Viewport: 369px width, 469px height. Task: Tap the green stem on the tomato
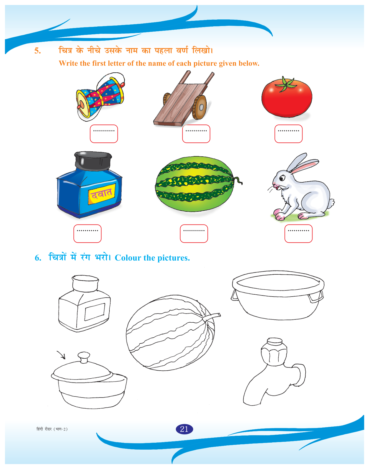coord(287,84)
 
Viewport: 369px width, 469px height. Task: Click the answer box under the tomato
coord(288,134)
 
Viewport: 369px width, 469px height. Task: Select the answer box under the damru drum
coord(104,134)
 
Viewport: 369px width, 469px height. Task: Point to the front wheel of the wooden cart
coord(200,107)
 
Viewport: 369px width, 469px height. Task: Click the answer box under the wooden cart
coord(196,134)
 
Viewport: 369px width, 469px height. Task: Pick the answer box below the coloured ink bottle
coord(88,233)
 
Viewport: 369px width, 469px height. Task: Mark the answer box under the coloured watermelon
coord(194,233)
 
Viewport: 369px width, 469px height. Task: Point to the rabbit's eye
coord(282,178)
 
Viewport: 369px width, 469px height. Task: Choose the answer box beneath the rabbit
coord(299,233)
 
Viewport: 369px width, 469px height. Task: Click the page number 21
coord(184,429)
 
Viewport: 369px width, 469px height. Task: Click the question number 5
coord(38,51)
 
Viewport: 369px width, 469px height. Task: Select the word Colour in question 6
coord(128,258)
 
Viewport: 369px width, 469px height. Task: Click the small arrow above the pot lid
coord(61,355)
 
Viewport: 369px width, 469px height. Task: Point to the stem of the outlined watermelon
coord(212,316)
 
